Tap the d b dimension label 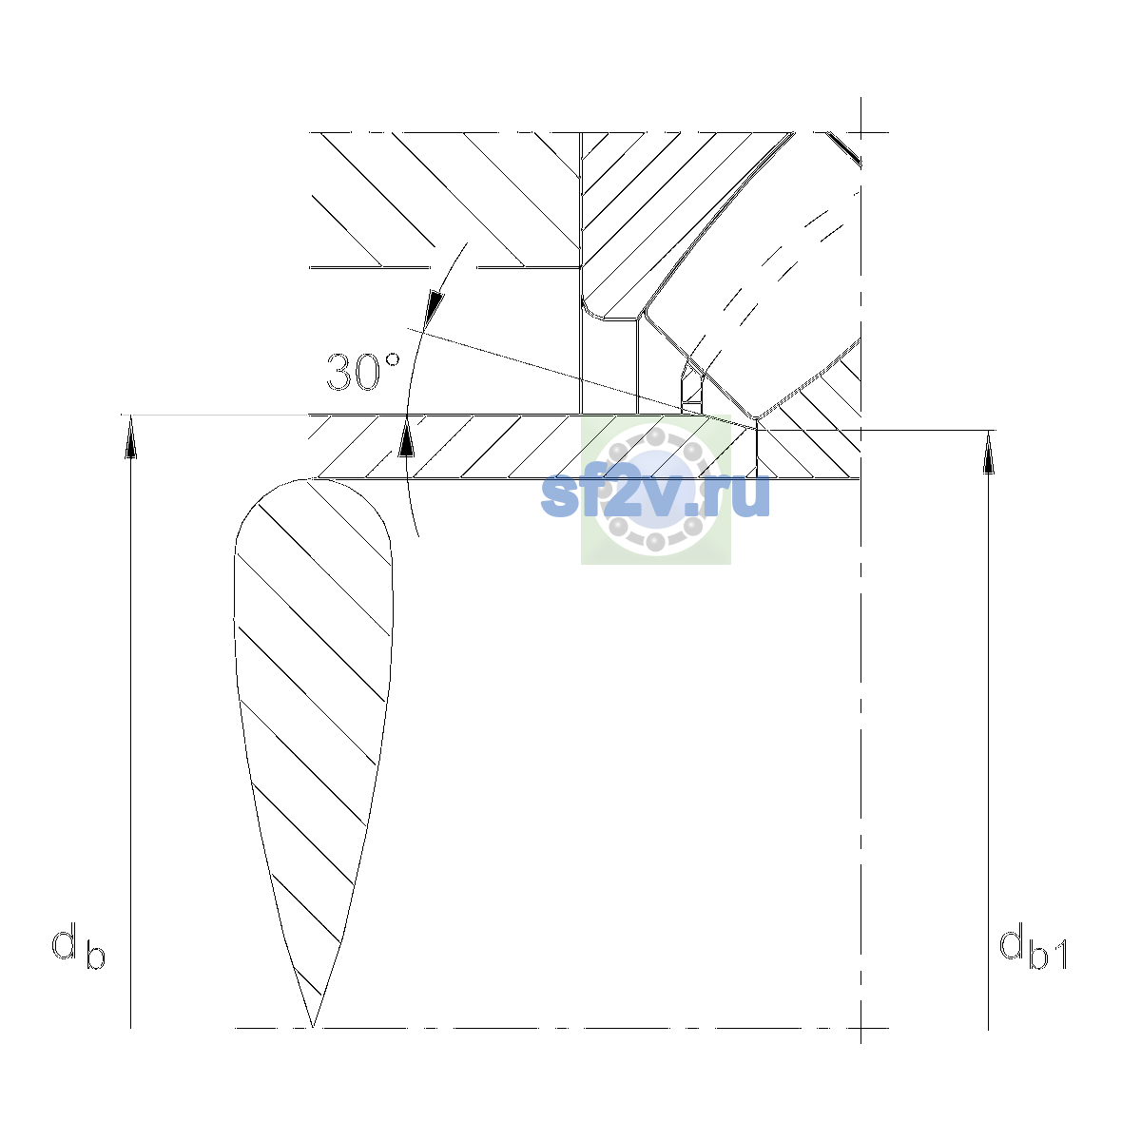[x=78, y=946]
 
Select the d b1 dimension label [x=1033, y=946]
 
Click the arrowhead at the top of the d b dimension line [x=131, y=436]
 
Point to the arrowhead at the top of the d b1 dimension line [x=988, y=452]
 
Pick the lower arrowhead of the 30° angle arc [x=406, y=436]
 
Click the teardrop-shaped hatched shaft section [x=313, y=681]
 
